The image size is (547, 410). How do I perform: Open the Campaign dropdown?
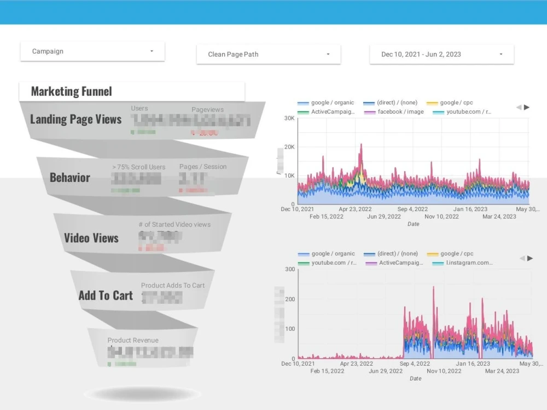tap(92, 51)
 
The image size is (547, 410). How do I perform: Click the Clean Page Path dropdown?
tap(269, 54)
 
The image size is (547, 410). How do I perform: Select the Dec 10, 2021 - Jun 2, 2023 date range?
tap(441, 54)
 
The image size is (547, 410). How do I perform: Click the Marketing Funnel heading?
tap(72, 91)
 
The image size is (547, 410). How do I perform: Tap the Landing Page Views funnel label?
tap(75, 119)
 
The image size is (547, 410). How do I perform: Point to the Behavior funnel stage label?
tap(70, 178)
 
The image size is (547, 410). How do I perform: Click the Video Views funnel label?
tap(91, 238)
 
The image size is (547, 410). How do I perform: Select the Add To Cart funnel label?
tap(106, 296)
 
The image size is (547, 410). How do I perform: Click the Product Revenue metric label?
tap(133, 340)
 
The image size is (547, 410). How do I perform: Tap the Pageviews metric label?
tap(207, 109)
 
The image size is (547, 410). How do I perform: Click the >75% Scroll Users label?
tap(138, 167)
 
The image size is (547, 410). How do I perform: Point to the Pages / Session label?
tap(202, 167)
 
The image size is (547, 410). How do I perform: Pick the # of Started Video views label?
tap(174, 224)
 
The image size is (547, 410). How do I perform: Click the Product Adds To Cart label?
tap(173, 285)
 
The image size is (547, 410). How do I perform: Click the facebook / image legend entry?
tap(400, 112)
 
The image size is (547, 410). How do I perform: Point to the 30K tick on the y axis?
tap(288, 118)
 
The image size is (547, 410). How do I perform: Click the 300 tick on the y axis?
tap(289, 269)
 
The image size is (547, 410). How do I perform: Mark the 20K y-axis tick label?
tap(288, 147)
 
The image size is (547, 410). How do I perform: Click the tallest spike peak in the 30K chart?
tap(361, 145)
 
